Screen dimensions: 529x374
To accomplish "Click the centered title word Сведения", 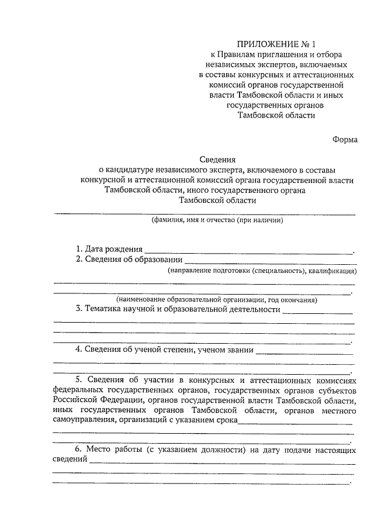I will (x=217, y=159).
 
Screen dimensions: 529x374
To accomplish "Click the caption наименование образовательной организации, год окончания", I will (x=216, y=299).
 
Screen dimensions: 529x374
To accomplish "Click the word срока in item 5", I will (x=225, y=420).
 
